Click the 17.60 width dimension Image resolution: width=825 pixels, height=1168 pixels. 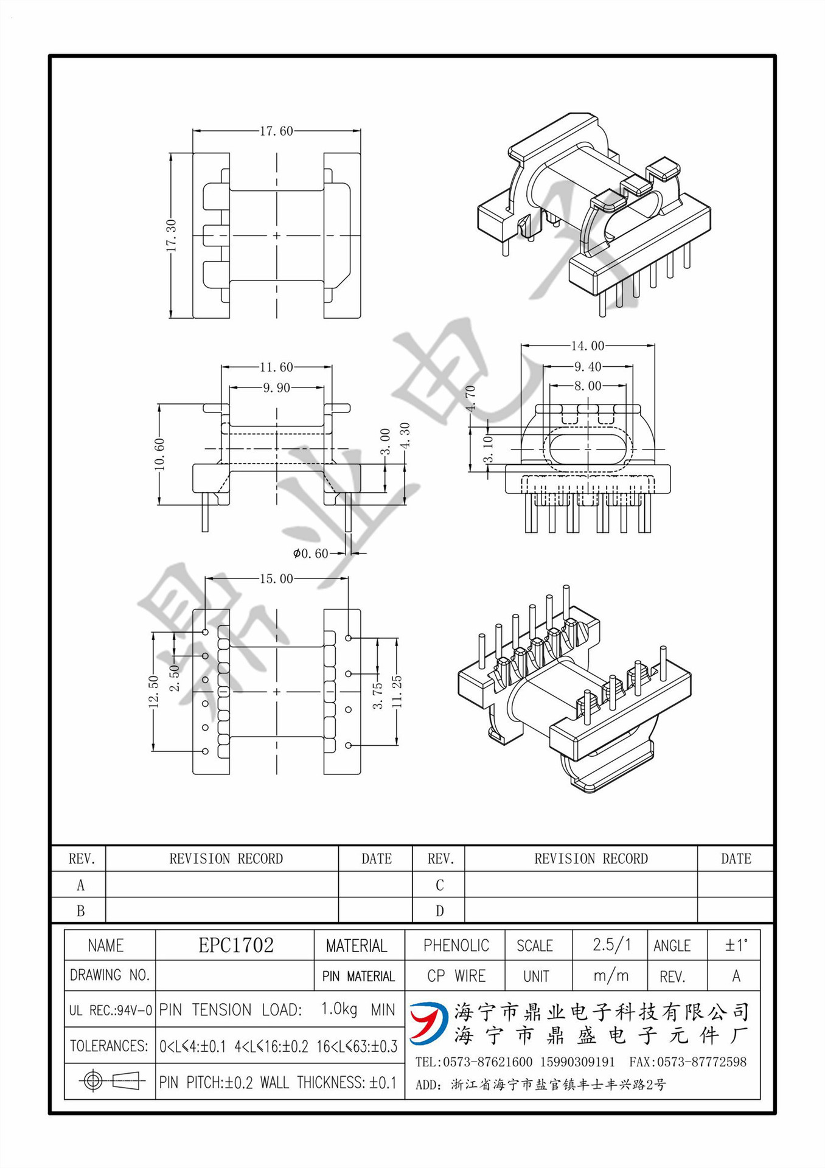276,131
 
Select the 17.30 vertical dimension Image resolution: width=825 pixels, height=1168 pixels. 171,236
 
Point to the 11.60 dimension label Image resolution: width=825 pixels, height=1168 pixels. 276,367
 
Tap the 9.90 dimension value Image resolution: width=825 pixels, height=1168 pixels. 276,388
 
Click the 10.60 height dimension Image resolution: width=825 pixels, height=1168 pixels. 159,454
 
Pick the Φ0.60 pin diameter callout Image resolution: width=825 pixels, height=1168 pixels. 310,554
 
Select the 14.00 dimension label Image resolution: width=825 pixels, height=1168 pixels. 587,346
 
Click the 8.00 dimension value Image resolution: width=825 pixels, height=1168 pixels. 587,386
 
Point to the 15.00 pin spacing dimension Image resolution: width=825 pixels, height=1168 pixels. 276,579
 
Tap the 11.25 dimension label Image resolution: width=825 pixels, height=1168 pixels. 397,692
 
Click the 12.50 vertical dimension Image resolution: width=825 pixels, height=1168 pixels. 153,692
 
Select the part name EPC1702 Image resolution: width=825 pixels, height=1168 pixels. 236,945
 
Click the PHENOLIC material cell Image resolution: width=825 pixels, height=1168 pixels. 456,945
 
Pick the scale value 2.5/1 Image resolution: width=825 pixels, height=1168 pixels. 611,945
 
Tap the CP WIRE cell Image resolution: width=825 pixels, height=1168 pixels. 456,976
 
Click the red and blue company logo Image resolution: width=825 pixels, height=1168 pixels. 429,1023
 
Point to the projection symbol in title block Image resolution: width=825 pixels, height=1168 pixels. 110,1081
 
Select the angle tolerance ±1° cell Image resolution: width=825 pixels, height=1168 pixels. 736,945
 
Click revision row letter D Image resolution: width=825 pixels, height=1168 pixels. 439,911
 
